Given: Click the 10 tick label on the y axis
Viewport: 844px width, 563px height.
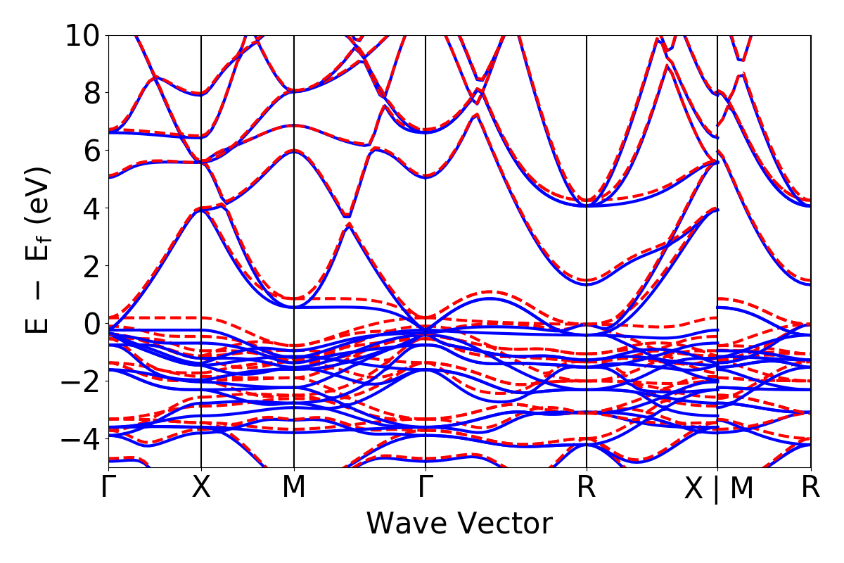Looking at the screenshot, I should pyautogui.click(x=83, y=35).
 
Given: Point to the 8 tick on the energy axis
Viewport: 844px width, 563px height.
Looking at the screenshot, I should pyautogui.click(x=92, y=93).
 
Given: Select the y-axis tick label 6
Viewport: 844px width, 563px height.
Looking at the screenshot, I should pyautogui.click(x=92, y=151).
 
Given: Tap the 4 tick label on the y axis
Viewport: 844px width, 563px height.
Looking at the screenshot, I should pyautogui.click(x=92, y=208).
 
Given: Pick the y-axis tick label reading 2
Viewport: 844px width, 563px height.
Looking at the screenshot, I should pyautogui.click(x=92, y=266).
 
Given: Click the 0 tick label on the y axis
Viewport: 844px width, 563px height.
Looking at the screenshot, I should pyautogui.click(x=92, y=324).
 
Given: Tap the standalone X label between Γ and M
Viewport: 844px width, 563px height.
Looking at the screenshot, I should pyautogui.click(x=202, y=488).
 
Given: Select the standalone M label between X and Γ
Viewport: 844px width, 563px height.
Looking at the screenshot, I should pyautogui.click(x=294, y=488).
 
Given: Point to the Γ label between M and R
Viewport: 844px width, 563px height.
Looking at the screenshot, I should pyautogui.click(x=426, y=488).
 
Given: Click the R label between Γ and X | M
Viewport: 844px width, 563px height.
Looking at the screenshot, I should pyautogui.click(x=587, y=488).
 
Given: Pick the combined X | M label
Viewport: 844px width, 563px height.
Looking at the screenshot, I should pyautogui.click(x=718, y=489).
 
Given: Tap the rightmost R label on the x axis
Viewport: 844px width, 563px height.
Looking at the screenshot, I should pyautogui.click(x=811, y=488).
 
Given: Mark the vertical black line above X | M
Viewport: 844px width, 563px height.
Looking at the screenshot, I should pyautogui.click(x=717, y=211).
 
